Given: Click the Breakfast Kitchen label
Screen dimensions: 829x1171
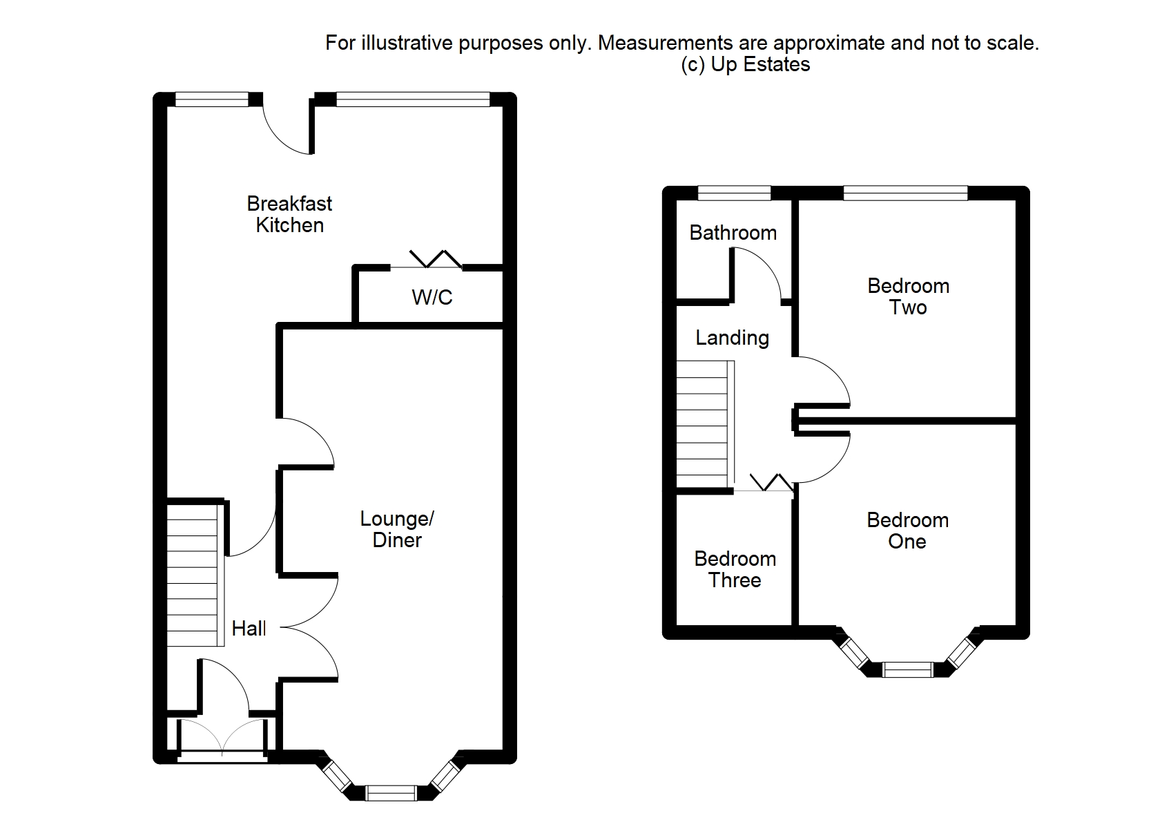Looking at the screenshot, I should point(289,214).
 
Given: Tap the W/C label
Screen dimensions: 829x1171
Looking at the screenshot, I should point(432,297).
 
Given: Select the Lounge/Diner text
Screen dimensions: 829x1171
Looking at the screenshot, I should point(397,529).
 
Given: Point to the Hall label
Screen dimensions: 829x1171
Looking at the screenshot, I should point(249,628).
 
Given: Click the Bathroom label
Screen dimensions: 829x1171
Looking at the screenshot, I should point(733,233).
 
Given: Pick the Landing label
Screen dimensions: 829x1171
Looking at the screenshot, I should point(732,338).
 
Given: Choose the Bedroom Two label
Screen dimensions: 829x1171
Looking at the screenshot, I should point(908,296).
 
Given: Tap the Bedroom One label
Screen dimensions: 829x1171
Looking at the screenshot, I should point(907,531).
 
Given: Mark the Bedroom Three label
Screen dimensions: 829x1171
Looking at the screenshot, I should point(735,569).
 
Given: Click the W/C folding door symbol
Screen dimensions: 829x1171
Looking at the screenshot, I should point(436,259).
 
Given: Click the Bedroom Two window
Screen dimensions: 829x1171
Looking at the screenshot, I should point(905,193).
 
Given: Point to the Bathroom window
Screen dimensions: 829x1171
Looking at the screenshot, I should point(734,193).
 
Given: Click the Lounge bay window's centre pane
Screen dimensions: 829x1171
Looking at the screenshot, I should point(391,793).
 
